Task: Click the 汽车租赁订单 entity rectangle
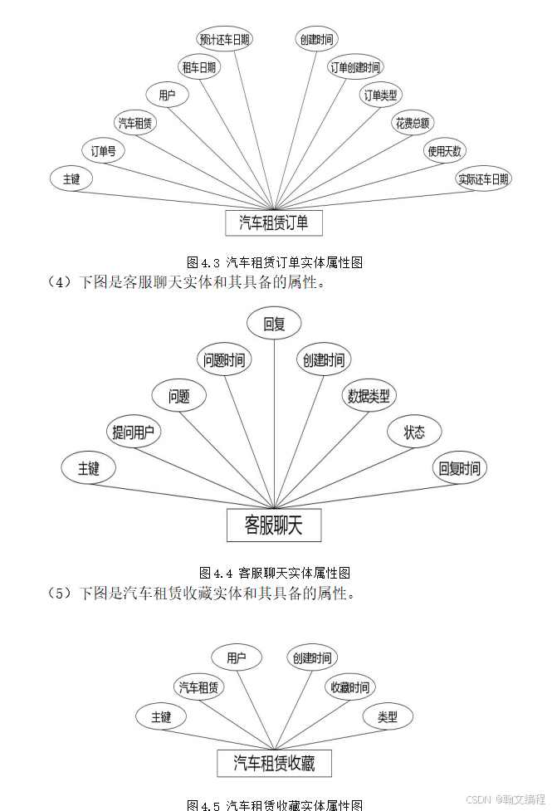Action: [x=273, y=222]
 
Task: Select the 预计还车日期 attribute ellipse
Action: [x=224, y=39]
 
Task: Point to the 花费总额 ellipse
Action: [x=413, y=123]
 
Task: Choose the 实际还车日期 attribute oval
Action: [x=483, y=178]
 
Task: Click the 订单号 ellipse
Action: [x=103, y=151]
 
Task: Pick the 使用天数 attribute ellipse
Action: [x=446, y=151]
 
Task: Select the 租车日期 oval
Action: [x=199, y=67]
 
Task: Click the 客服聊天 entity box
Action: [x=273, y=525]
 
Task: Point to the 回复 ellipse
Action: [x=274, y=324]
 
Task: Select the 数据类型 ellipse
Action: [x=369, y=395]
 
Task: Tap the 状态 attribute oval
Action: [x=414, y=432]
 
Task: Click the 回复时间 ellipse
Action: [x=460, y=468]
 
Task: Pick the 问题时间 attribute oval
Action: [x=224, y=359]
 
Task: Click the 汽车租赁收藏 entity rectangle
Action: [x=274, y=763]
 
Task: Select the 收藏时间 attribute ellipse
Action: [x=349, y=687]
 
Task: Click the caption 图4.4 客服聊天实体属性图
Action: [x=275, y=573]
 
